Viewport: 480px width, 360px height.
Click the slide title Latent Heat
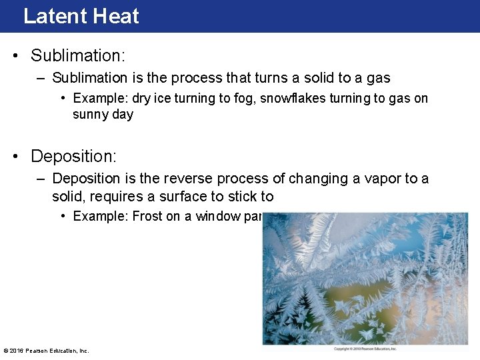(x=81, y=15)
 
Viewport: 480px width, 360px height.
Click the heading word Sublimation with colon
(x=78, y=55)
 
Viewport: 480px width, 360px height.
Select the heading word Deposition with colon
(x=73, y=156)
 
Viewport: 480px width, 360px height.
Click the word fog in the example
(x=243, y=98)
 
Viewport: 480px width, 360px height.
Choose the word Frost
(x=147, y=216)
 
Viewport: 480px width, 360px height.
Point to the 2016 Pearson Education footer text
(x=46, y=350)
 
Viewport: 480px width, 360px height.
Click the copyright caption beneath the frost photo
(x=365, y=349)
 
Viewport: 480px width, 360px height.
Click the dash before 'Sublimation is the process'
(x=41, y=78)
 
